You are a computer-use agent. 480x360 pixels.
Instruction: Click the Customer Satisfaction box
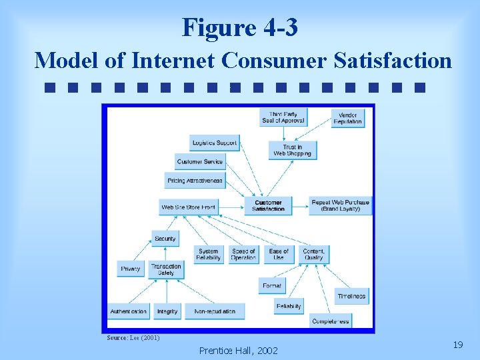(x=269, y=206)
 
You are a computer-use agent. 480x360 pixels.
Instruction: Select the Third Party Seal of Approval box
(x=283, y=117)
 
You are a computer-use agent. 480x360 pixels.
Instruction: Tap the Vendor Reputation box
(x=347, y=119)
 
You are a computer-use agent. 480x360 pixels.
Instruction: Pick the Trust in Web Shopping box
(x=292, y=151)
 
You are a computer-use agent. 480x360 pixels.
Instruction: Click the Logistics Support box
(x=214, y=143)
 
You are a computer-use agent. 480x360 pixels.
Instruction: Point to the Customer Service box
(x=200, y=162)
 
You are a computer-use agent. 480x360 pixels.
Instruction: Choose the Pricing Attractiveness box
(x=195, y=181)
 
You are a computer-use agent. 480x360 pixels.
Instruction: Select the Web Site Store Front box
(x=189, y=207)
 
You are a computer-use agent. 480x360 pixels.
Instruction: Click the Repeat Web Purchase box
(x=340, y=206)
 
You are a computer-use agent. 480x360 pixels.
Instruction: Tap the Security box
(x=165, y=239)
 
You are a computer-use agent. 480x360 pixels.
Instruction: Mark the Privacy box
(x=131, y=269)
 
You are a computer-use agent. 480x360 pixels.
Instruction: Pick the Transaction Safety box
(x=166, y=269)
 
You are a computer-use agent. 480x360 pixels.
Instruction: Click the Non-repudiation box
(x=215, y=311)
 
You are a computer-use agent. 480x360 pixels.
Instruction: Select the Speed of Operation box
(x=243, y=255)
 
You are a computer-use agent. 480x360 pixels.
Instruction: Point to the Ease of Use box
(x=279, y=255)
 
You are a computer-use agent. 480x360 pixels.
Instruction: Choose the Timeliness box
(x=351, y=296)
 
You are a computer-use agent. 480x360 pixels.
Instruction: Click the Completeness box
(x=331, y=321)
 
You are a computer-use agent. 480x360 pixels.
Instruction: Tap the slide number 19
(x=457, y=345)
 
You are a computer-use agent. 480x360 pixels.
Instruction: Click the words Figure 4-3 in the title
(x=240, y=28)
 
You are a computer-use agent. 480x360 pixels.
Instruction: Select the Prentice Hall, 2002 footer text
(x=239, y=350)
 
